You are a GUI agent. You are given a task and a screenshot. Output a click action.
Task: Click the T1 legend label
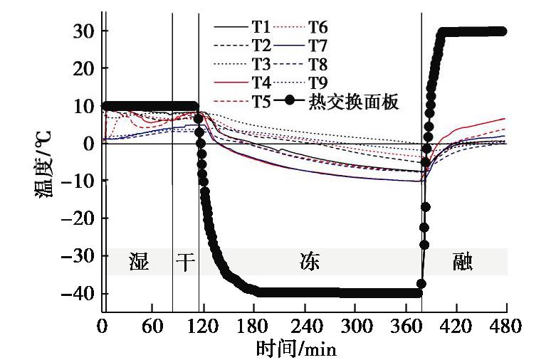tap(260, 28)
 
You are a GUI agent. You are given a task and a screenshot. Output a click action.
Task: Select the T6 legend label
tap(318, 28)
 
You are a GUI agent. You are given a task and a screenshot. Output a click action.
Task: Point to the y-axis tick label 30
tap(84, 31)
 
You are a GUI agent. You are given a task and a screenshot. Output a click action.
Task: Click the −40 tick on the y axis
tap(80, 294)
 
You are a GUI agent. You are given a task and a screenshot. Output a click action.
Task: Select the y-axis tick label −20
tap(80, 219)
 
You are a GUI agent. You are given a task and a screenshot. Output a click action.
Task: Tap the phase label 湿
tap(138, 262)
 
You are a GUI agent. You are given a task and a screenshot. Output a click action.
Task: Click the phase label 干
tap(185, 262)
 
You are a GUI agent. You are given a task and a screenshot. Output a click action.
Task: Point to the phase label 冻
tap(309, 262)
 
